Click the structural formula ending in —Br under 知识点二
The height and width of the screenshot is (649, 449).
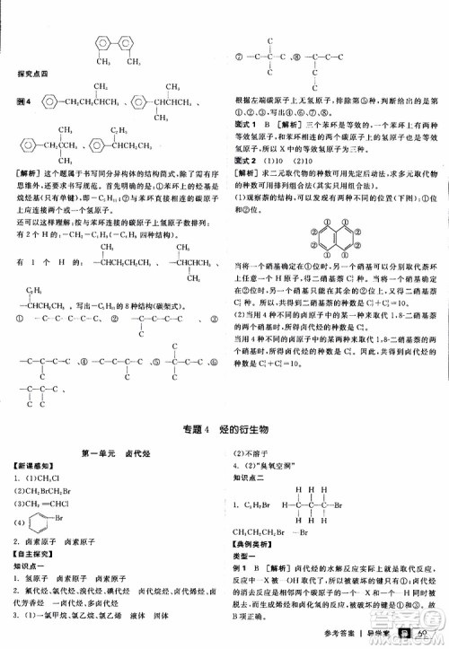click(339, 504)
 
